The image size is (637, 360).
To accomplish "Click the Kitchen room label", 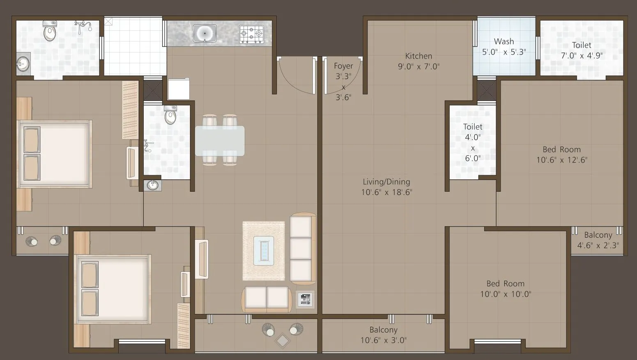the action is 419,56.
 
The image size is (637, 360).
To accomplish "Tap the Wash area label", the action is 504,41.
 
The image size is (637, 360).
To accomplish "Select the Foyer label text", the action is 343,66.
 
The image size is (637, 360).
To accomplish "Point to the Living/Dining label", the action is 386,181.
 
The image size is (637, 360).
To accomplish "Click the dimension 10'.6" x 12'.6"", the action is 562,160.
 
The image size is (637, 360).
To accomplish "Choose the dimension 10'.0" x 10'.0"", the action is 506,294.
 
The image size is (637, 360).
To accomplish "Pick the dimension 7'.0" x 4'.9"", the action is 582,55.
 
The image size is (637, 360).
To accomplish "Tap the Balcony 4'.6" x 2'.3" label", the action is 598,240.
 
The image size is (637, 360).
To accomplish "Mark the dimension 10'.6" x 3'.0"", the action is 384,340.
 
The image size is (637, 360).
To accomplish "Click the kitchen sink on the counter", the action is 205,34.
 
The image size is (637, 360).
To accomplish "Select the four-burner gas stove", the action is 251,34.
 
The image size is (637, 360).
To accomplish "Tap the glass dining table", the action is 220,141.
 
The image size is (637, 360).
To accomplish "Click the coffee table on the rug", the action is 264,251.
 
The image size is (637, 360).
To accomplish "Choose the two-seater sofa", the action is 267,300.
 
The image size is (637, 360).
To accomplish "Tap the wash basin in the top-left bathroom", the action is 23,64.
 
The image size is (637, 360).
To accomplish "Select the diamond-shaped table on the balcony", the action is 283,340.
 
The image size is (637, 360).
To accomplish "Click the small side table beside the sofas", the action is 306,300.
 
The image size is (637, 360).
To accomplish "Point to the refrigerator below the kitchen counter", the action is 179,89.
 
